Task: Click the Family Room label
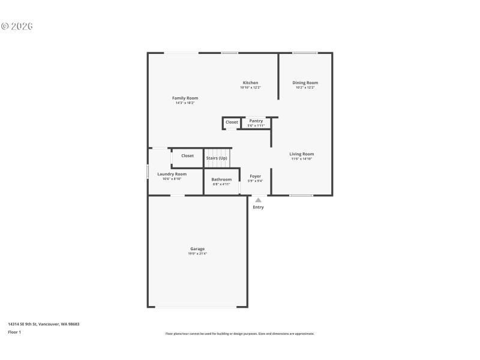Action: tap(185, 98)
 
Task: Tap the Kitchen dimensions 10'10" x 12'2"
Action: tap(250, 88)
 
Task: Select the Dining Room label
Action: tap(305, 83)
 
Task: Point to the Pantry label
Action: tap(256, 121)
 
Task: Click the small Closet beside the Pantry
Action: tap(232, 122)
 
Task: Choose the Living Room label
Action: tap(302, 154)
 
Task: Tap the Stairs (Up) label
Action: tap(217, 158)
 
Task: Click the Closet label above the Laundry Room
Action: tap(187, 155)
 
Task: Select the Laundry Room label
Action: tap(172, 174)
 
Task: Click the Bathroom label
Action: tap(221, 179)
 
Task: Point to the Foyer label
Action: tap(255, 176)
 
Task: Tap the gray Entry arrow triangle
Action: tap(258, 200)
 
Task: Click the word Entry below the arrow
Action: tap(258, 208)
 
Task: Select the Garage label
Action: tap(197, 248)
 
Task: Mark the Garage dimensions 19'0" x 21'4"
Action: tap(197, 254)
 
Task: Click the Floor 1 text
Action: tap(14, 332)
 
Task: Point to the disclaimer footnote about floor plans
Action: tap(239, 334)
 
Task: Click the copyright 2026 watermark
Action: tap(16, 26)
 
